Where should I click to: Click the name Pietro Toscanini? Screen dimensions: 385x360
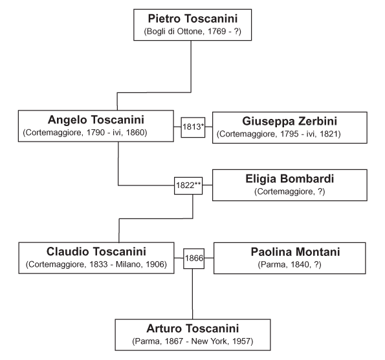click(x=193, y=19)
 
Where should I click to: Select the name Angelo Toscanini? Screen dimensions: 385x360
click(x=96, y=120)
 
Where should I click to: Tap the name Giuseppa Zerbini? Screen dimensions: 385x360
click(x=289, y=122)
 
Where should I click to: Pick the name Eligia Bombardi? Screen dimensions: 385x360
click(x=290, y=179)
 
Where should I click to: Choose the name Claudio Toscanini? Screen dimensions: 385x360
click(x=96, y=251)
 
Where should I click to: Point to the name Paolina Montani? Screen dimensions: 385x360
click(x=295, y=252)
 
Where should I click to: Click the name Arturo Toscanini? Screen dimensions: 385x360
click(x=193, y=328)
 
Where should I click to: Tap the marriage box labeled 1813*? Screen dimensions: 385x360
click(x=193, y=127)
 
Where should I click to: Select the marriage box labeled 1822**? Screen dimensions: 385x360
click(x=188, y=185)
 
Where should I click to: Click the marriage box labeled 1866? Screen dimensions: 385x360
click(x=194, y=259)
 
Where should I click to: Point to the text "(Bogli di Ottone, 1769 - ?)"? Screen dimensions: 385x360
click(x=193, y=32)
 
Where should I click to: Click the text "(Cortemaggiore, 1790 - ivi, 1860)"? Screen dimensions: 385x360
click(x=85, y=132)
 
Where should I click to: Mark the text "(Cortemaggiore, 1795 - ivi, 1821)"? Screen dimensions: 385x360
click(x=279, y=134)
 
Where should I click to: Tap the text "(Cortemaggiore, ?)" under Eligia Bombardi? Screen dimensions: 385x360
click(x=290, y=191)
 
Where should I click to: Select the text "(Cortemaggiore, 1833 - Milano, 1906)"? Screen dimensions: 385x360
click(x=96, y=264)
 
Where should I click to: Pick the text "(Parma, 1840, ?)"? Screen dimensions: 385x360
click(x=289, y=264)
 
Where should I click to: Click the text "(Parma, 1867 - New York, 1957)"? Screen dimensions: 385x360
click(x=193, y=341)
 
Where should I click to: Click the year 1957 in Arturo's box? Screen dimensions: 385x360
click(x=241, y=341)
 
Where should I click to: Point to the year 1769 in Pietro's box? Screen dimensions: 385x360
click(x=217, y=32)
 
